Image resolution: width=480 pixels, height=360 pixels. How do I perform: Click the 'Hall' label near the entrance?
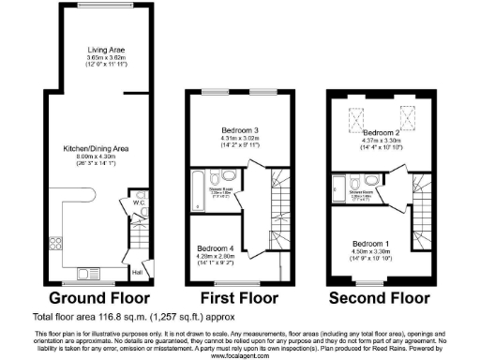pos(137,272)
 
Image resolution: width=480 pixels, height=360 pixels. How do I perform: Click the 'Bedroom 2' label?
pos(381,133)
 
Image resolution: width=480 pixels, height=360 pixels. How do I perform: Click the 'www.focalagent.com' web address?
pos(239,355)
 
